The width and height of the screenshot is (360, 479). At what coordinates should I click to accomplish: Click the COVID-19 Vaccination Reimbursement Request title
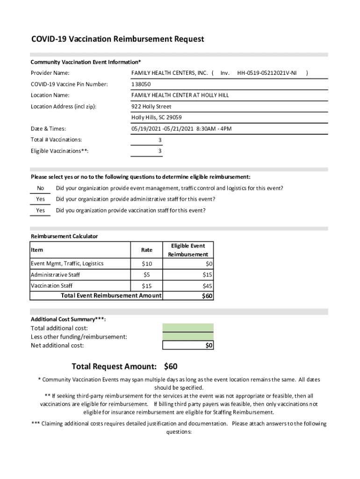pos(117,39)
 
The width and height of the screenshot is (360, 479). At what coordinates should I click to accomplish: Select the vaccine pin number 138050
pos(141,84)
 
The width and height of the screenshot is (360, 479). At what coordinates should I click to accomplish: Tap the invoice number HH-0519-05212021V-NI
pos(266,73)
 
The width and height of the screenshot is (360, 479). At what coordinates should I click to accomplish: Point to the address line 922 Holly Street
pos(151,107)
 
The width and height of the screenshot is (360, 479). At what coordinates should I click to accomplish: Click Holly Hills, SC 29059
pos(157,117)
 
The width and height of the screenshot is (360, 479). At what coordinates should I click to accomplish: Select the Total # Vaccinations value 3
pos(160,140)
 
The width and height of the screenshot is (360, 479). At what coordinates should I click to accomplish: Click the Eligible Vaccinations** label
pos(60,151)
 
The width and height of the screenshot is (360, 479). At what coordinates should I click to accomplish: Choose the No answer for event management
pos(41,189)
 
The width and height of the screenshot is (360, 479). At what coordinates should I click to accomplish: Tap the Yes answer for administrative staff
pos(41,199)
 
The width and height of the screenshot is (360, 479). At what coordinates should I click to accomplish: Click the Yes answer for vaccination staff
pos(41,210)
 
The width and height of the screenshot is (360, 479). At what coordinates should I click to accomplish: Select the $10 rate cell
pos(147,264)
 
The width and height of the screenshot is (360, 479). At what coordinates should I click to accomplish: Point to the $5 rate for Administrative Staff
pos(147,275)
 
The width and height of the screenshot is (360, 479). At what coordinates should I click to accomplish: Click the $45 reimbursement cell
pos(208,286)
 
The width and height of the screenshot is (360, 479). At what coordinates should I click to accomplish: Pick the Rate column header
pos(147,250)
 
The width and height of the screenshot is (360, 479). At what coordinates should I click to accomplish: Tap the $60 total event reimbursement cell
pos(207,296)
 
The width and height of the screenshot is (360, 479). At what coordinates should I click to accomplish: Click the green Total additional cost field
pos(188,327)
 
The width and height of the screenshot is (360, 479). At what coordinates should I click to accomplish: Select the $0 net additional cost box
pos(188,346)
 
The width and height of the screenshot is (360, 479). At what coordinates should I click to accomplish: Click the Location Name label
pos(50,95)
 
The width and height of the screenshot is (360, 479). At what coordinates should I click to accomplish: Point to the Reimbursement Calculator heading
pos(65,236)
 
